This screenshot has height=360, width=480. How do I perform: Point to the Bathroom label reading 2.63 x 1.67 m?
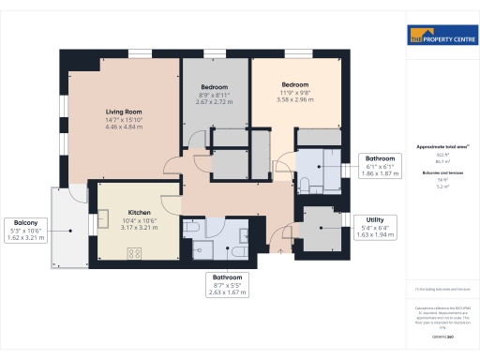point(227,285)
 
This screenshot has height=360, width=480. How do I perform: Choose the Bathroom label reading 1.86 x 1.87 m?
point(381,166)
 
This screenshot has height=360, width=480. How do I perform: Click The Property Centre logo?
point(440,37)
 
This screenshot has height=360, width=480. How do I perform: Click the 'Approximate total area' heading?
point(442,147)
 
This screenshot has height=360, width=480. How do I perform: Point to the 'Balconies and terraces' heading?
point(442,174)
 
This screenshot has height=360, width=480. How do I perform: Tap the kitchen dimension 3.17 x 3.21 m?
point(137,226)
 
